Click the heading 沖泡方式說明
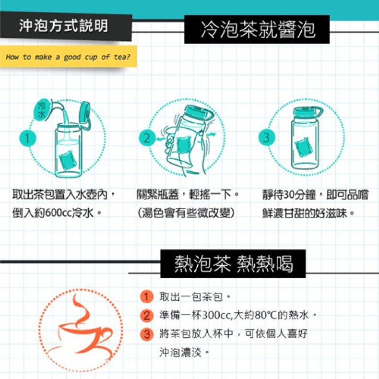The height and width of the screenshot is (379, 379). point(64,26)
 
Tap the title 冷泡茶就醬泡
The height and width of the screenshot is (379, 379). point(258,29)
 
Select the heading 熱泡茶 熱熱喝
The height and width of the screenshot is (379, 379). point(234,264)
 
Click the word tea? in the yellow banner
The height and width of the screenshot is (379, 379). point(122,57)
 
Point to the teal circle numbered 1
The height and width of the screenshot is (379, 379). point(27,138)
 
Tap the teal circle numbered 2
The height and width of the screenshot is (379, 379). point(147,138)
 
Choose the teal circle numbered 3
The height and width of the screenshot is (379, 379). point(267,137)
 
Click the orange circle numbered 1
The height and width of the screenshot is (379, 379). point(146,296)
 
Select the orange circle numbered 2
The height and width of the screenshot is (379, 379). point(146,315)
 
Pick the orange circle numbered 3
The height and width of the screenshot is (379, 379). point(146,334)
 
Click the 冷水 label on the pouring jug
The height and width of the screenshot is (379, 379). point(42,110)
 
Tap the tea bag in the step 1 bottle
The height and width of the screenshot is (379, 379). point(68,160)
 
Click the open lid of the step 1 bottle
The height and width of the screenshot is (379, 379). point(85,112)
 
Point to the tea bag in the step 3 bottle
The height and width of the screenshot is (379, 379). point(302,147)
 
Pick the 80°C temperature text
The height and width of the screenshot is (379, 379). point(265,315)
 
